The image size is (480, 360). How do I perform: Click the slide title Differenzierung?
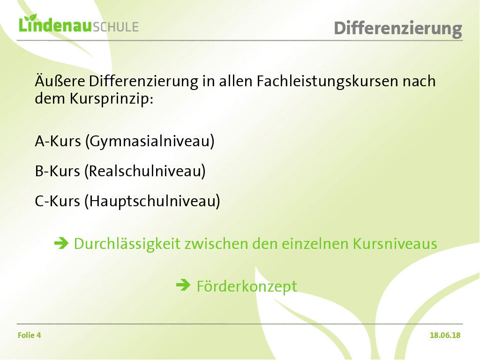pos(398,29)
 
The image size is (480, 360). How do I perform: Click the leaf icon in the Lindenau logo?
pos(30,18)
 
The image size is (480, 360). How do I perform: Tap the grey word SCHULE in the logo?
pos(116,27)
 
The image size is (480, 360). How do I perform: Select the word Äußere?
pos(60,81)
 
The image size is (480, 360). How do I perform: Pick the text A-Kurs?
pos(58,141)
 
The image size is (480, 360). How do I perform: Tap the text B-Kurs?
pos(58,171)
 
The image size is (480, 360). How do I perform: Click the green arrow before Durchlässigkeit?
pos(61,243)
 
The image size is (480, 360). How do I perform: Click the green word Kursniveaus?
pos(395,244)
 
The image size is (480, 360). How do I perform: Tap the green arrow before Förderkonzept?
pos(183,285)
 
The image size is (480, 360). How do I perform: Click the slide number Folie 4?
pos(30,336)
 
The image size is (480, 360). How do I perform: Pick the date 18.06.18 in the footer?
pos(445,336)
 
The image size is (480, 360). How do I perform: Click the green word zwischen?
pos(216,244)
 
